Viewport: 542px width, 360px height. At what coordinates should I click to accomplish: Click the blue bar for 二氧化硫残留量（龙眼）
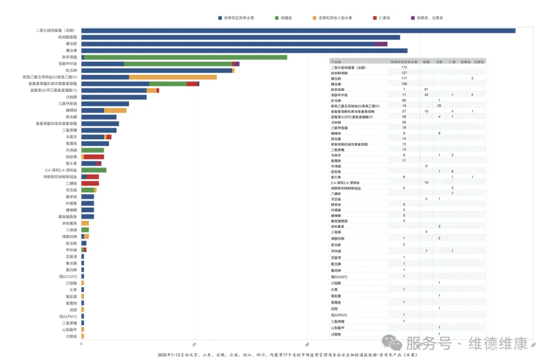pos(298,30)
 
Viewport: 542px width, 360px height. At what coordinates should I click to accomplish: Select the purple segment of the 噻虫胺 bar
pos(381,44)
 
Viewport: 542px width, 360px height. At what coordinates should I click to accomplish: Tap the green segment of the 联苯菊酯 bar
pos(185,57)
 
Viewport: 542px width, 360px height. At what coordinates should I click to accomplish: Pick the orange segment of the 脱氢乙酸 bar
pos(173,77)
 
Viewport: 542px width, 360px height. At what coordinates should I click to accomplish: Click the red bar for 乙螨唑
pos(90,183)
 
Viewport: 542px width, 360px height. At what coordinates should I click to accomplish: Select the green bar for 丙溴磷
pos(92,150)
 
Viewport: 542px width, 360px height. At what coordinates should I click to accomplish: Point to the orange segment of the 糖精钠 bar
pos(115,110)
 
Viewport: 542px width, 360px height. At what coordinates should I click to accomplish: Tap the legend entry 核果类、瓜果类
pos(427,18)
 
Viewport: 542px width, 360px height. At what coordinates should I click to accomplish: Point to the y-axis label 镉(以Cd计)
pos(68,276)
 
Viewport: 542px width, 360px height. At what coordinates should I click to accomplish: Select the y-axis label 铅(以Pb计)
pos(68,316)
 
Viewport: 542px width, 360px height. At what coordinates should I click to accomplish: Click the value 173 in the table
pos(404,68)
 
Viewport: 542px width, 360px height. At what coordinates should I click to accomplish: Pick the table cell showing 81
pos(426,89)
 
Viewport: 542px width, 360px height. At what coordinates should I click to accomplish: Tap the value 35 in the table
pos(439,105)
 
